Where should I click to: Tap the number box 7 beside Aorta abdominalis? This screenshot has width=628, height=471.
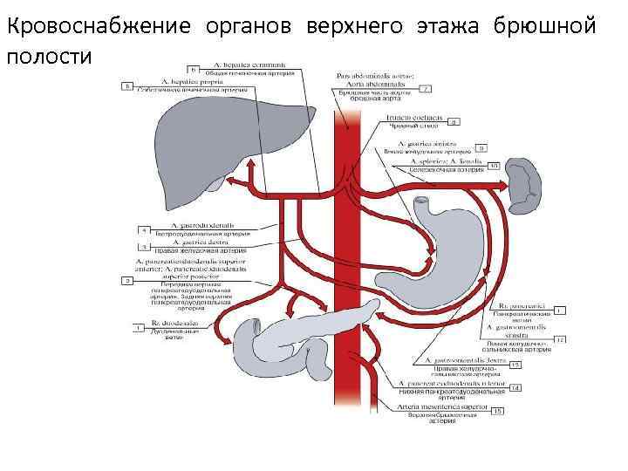[x=427, y=88]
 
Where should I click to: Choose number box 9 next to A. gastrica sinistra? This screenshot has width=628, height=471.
[x=481, y=148]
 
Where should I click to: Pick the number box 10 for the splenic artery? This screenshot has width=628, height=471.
[x=493, y=164]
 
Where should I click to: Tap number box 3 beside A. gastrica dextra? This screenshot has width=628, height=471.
[x=143, y=247]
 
